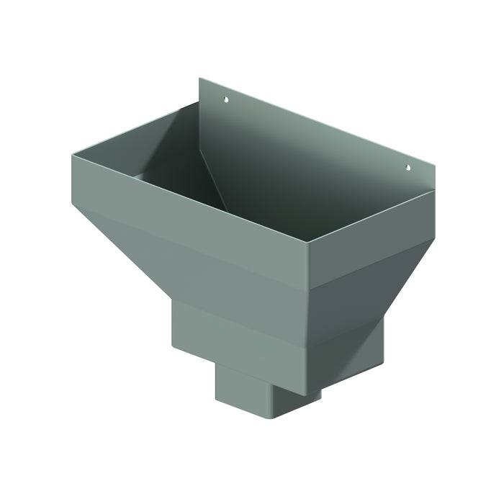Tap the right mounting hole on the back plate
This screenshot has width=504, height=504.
click(x=408, y=168)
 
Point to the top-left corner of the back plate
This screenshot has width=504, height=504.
click(x=200, y=78)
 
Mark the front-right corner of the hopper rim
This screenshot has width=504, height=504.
click(x=309, y=244)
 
